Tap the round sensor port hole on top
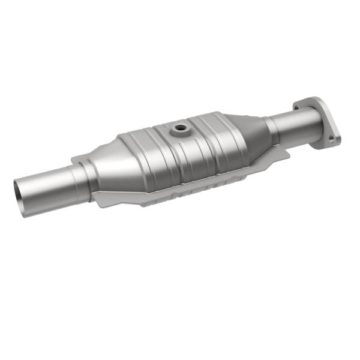pyautogui.click(x=179, y=127)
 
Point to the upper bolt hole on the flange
pyautogui.click(x=298, y=106)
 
